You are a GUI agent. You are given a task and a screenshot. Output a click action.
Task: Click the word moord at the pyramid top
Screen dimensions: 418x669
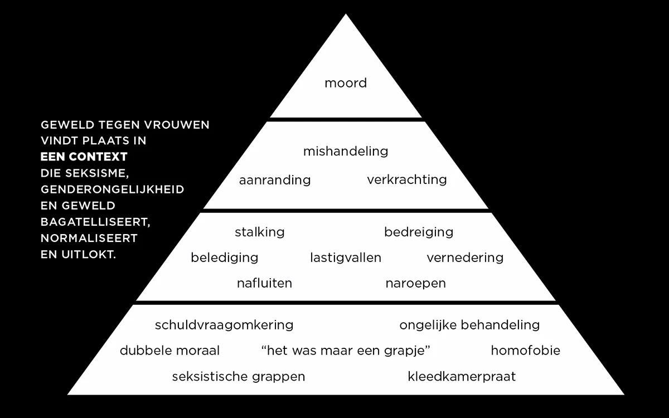346,84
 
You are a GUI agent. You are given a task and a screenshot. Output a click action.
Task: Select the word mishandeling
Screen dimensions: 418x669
346,151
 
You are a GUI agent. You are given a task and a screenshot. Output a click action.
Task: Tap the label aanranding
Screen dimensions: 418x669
275,180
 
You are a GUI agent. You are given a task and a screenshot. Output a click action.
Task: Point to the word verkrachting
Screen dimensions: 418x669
407,179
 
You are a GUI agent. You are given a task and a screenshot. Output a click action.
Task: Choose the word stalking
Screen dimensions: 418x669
260,232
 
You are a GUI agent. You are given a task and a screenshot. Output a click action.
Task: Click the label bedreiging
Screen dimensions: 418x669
419,232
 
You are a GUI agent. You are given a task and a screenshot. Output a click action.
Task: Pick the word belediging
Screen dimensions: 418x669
225,257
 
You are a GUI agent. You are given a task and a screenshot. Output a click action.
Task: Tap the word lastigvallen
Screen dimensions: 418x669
346,257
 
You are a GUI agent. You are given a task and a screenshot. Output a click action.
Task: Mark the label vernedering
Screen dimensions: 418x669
465,257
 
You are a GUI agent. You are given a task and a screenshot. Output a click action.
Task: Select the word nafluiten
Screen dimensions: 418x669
264,283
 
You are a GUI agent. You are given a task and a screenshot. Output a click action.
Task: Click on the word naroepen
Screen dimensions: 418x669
416,283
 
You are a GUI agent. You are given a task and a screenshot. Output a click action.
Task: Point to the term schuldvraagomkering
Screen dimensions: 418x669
224,325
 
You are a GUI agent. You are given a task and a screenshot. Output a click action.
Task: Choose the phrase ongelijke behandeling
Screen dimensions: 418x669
469,325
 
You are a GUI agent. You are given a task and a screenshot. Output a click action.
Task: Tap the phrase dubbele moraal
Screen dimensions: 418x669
169,351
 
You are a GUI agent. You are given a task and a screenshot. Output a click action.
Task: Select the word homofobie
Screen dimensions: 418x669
526,351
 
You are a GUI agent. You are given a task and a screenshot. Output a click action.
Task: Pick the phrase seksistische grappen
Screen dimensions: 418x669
239,376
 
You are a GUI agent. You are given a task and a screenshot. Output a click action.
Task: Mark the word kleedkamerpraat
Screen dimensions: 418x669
462,376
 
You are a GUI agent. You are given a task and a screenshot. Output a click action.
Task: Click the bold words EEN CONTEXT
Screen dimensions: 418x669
84,157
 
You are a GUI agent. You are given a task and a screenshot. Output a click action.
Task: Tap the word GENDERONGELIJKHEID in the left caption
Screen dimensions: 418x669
113,189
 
